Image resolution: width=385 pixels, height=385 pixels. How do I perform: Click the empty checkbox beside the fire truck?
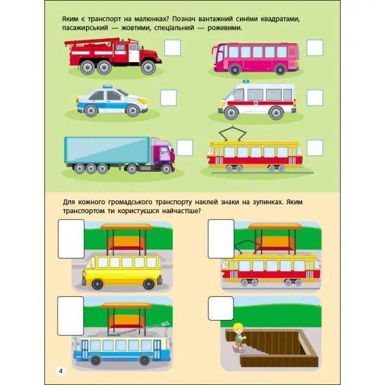[172, 47]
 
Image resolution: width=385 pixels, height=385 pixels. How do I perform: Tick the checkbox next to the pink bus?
[315, 47]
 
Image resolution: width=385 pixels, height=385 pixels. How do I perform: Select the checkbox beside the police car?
[169, 98]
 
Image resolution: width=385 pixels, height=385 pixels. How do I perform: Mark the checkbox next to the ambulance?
[315, 98]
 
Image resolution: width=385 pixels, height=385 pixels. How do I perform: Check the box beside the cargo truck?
[185, 148]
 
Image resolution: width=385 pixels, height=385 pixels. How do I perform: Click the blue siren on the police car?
[108, 86]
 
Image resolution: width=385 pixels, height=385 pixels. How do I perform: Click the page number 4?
[60, 371]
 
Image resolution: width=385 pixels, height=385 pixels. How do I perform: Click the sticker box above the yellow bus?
[71, 239]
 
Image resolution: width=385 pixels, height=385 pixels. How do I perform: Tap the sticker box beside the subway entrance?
[221, 309]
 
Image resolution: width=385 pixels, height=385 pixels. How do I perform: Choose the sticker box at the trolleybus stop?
[70, 316]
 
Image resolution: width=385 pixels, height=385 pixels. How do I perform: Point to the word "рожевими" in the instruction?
[224, 28]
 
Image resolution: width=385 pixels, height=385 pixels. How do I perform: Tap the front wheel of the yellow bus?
[98, 284]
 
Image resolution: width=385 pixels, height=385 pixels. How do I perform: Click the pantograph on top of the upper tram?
[232, 133]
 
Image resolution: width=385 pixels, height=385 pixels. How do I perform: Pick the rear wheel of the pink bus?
[280, 70]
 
